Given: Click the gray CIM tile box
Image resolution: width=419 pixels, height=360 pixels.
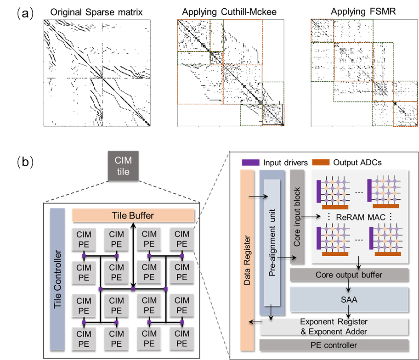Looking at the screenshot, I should point(123,166).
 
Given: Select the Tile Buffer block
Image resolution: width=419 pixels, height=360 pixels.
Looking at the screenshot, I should point(133,215).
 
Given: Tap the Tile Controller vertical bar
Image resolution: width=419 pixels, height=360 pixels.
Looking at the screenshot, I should point(57,279).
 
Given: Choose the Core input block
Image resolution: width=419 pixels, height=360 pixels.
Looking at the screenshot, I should point(297,216).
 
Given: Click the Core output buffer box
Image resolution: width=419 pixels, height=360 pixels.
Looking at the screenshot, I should point(349,275).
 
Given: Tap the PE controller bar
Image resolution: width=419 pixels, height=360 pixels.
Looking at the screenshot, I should point(334,345).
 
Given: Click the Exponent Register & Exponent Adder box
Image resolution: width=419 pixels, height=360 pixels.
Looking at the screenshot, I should point(334,326).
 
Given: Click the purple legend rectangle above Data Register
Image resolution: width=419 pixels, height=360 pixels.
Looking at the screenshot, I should point(250,162).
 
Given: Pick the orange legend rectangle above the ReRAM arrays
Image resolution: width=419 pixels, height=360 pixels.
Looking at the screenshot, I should point(321,162).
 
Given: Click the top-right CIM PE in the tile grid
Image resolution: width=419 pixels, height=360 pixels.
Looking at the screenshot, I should point(182,239).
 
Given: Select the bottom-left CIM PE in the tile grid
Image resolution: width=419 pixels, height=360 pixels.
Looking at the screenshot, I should point(84,338).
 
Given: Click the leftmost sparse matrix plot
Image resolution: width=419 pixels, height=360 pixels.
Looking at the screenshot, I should point(97,73).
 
